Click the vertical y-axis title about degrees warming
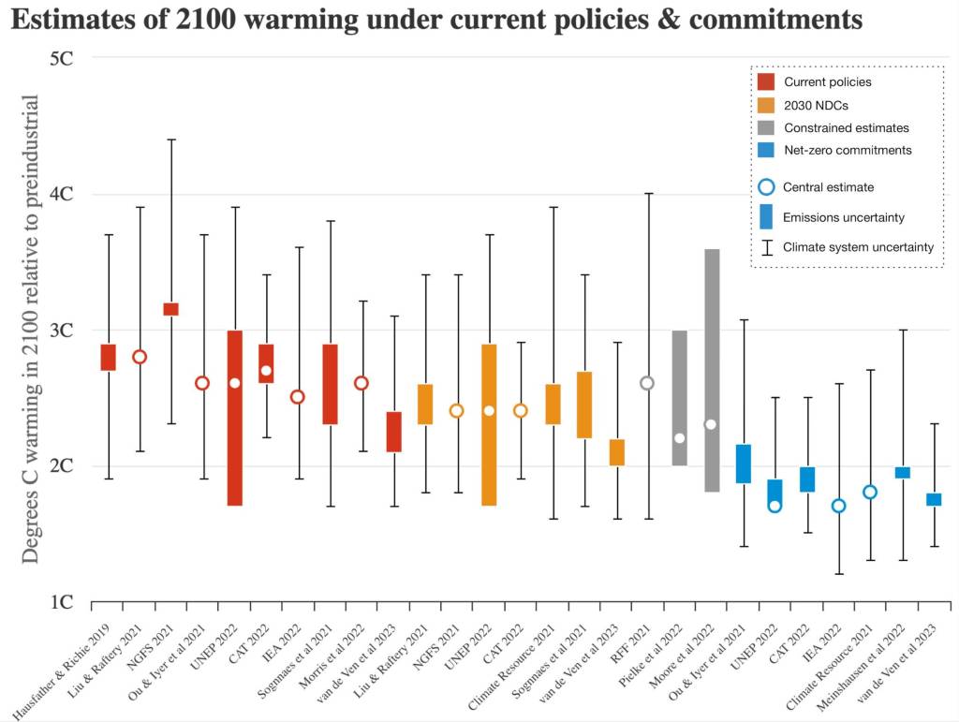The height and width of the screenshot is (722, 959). (x=30, y=329)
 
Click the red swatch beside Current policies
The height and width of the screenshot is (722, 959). (x=765, y=81)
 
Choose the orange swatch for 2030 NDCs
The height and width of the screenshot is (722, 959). (x=765, y=104)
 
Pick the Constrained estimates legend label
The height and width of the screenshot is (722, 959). (x=846, y=127)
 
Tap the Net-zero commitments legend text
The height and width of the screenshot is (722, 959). (x=847, y=150)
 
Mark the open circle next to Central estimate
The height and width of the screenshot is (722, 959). (x=765, y=187)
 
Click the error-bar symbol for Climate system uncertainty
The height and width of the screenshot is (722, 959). (x=765, y=247)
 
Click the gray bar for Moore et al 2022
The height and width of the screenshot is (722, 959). (x=711, y=370)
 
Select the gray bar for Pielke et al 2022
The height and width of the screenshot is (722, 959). (x=679, y=398)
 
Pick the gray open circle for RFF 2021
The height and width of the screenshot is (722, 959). (x=646, y=383)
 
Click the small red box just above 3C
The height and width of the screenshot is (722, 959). (x=171, y=309)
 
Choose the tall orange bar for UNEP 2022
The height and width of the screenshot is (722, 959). (x=489, y=424)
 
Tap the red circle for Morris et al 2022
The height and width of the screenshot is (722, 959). (x=361, y=383)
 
